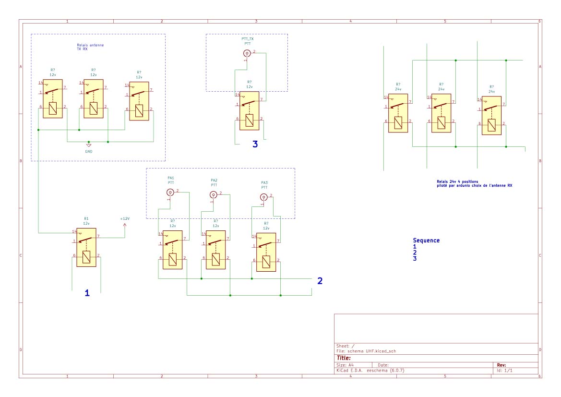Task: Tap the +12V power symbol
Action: point(125,224)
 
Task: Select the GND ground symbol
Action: point(89,145)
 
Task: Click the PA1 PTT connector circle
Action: point(170,192)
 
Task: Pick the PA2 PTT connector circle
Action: point(214,194)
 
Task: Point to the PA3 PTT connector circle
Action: point(263,197)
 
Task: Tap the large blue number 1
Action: point(87,292)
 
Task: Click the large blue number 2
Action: point(320,281)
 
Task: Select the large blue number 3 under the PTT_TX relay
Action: point(255,144)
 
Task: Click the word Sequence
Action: point(426,241)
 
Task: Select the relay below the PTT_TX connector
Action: point(250,111)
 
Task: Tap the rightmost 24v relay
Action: point(491,116)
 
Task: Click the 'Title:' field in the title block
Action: point(344,358)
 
